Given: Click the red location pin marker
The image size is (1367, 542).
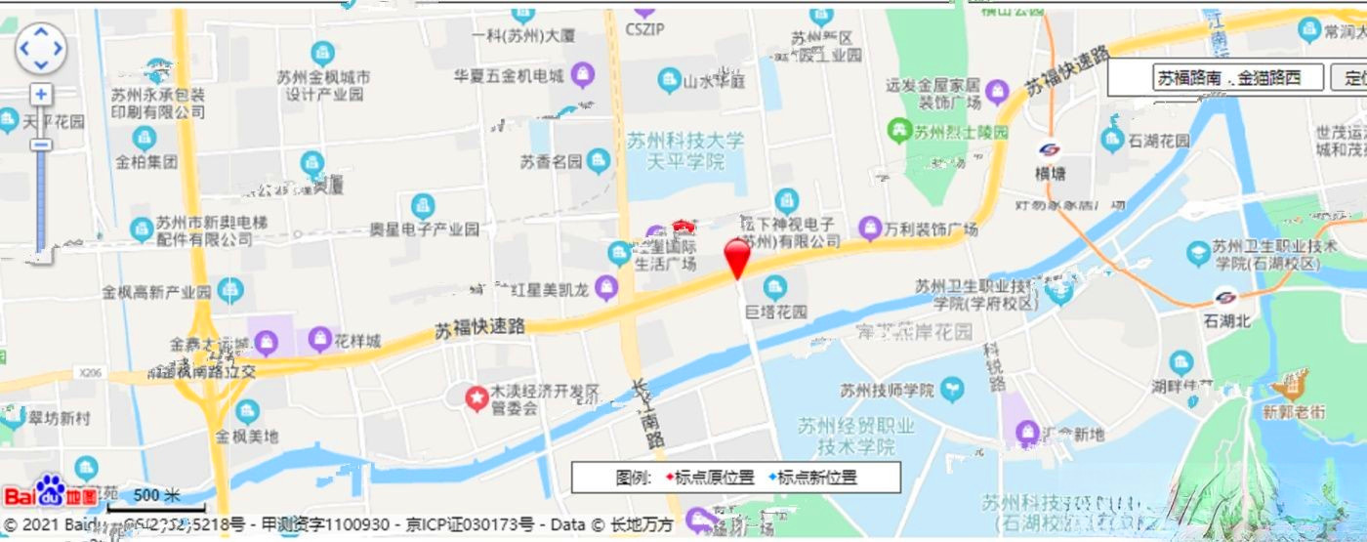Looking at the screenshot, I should tap(737, 256).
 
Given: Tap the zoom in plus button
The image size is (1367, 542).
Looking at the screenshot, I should tap(40, 94).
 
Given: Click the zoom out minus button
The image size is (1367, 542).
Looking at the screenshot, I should tap(40, 145).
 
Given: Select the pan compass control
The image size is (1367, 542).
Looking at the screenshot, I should tap(40, 47).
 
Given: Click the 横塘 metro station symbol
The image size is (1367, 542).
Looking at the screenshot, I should tap(1051, 150).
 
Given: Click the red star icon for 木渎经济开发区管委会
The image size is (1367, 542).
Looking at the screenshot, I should tap(476, 398).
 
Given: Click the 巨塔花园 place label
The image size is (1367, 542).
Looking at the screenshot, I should tap(776, 313).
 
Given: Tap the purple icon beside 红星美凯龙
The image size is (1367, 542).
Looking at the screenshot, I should tap(606, 287).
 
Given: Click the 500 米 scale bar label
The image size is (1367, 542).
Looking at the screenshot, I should tap(157, 495).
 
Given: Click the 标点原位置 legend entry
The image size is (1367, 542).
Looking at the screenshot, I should tap(713, 478).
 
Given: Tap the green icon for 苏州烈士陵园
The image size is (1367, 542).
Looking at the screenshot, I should tap(898, 130).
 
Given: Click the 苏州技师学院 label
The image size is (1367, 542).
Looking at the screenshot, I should tap(888, 391).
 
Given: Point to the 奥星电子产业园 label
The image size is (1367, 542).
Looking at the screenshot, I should tap(424, 229).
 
